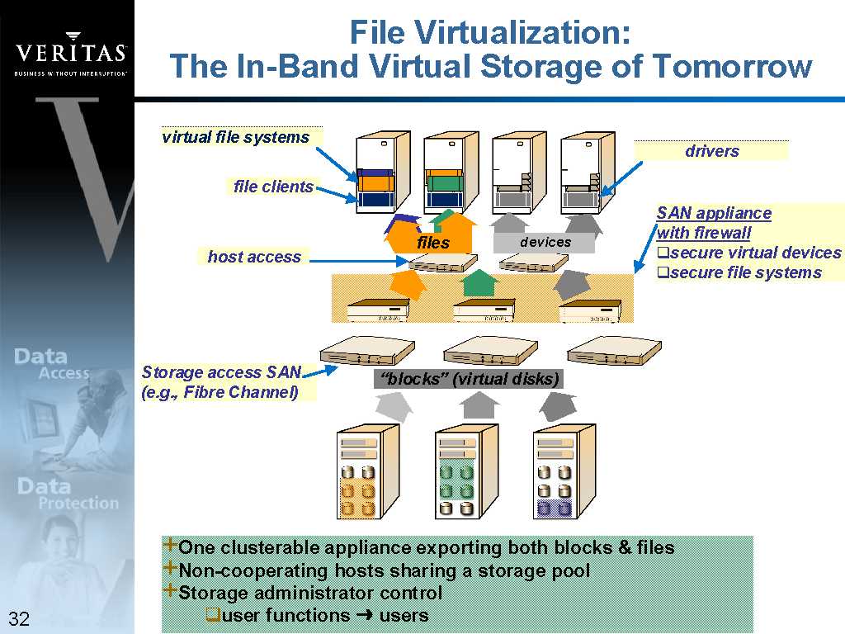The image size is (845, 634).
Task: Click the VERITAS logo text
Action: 71,53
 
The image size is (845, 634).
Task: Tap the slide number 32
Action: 19,618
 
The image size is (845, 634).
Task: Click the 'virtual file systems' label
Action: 235,137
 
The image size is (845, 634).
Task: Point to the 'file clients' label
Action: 273,187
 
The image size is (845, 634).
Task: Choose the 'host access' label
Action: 254,257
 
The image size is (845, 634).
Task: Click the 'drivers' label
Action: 712,151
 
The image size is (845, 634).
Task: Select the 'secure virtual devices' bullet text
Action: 749,253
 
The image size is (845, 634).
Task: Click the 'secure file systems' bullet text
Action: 739,272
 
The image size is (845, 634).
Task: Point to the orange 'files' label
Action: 433,243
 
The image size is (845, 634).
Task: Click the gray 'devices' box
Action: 545,242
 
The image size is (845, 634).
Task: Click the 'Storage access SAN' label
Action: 221,372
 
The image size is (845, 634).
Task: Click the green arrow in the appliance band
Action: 478,282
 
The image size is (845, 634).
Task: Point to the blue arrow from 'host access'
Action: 358,262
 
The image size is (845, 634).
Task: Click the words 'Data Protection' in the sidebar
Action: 68,494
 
